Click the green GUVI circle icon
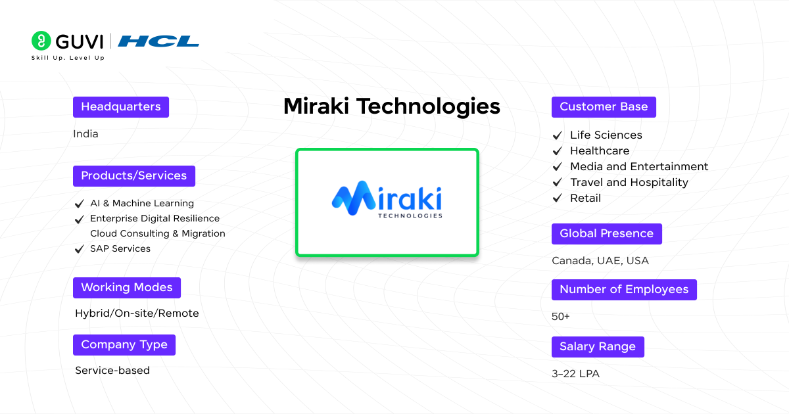(x=41, y=41)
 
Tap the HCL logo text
(x=158, y=41)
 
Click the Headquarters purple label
(x=121, y=107)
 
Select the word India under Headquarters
(x=86, y=134)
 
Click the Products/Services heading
(x=134, y=176)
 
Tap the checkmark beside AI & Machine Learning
(x=80, y=204)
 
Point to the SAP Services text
(x=120, y=249)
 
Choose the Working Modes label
(x=127, y=288)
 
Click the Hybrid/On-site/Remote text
(x=137, y=313)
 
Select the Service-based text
(x=112, y=371)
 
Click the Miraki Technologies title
(x=392, y=106)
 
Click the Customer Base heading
(x=604, y=107)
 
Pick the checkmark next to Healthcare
(x=558, y=151)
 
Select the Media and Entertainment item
(x=639, y=167)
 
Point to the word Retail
(x=585, y=198)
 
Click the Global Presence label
(x=606, y=234)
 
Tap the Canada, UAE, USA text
(x=600, y=261)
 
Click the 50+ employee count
(x=561, y=317)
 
